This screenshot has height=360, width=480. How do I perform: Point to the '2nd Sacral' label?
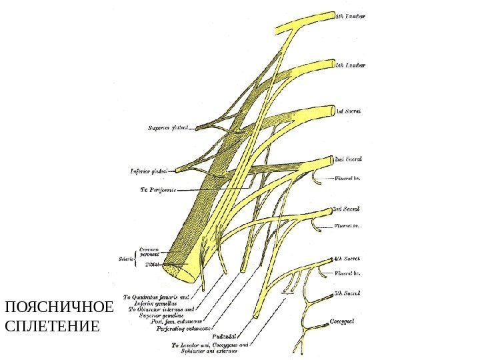click(x=348, y=159)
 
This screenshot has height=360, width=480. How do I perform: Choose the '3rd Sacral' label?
click(x=347, y=209)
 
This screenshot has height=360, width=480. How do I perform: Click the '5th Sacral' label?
click(x=347, y=293)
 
